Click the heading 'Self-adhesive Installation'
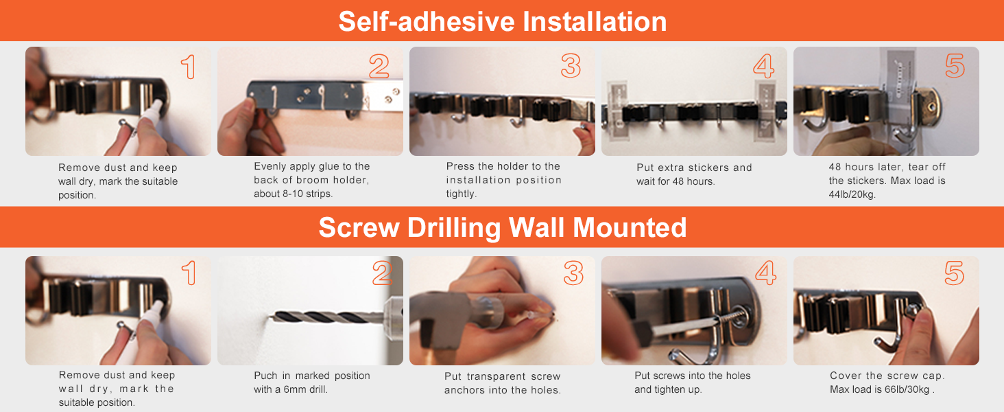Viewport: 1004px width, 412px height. [x=503, y=21]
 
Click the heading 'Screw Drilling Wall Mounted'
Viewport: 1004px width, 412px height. [x=503, y=227]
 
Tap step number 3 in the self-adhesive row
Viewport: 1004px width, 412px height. [x=571, y=65]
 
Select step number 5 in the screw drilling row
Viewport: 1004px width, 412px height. [x=954, y=273]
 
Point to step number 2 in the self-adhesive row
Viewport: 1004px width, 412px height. [x=379, y=66]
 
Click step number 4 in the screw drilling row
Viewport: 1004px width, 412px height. [x=765, y=273]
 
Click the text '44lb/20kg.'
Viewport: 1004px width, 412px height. [x=852, y=195]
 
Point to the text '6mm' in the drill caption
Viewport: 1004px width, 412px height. [x=294, y=389]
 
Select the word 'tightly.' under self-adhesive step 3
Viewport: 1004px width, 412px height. [x=462, y=194]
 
